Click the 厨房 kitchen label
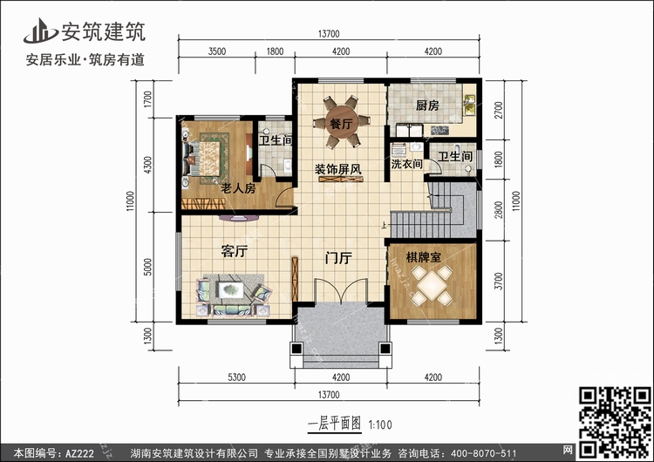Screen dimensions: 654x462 [427, 105]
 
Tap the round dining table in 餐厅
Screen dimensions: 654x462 [341, 121]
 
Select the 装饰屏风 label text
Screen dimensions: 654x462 [338, 169]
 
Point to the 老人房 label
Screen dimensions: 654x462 [238, 188]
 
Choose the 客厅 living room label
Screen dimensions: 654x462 [235, 251]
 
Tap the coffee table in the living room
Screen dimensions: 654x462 [231, 289]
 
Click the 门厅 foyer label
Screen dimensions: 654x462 [338, 258]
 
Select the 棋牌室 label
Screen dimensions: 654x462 [424, 257]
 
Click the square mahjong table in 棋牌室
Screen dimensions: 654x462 [433, 285]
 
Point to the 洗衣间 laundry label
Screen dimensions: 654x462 [406, 164]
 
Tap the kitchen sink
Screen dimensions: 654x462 [470, 104]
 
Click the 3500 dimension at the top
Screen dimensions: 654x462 [217, 51]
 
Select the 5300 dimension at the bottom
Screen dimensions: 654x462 [236, 377]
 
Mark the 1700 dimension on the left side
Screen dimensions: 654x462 [147, 99]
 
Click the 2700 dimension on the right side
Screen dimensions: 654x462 [499, 110]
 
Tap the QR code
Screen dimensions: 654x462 [615, 422]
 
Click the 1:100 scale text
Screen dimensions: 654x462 [380, 425]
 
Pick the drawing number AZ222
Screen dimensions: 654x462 [79, 453]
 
